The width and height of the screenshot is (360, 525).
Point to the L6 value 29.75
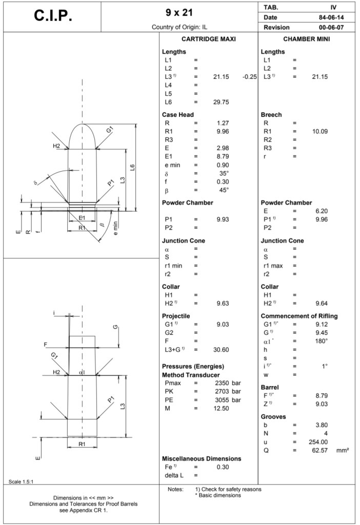click(221, 102)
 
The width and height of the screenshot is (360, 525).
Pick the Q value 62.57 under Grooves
click(319, 450)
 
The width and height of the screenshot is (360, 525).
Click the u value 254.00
click(317, 442)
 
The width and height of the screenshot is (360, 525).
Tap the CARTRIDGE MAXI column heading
click(208, 39)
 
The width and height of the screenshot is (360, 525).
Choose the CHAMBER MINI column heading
click(307, 39)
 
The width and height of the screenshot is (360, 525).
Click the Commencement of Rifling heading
click(302, 316)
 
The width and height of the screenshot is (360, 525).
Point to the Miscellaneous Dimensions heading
click(202, 458)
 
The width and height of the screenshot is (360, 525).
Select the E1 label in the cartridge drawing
click(82, 218)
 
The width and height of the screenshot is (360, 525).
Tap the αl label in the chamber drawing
click(82, 372)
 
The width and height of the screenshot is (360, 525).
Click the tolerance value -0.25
click(249, 77)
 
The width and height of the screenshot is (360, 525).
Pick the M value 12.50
click(221, 408)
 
